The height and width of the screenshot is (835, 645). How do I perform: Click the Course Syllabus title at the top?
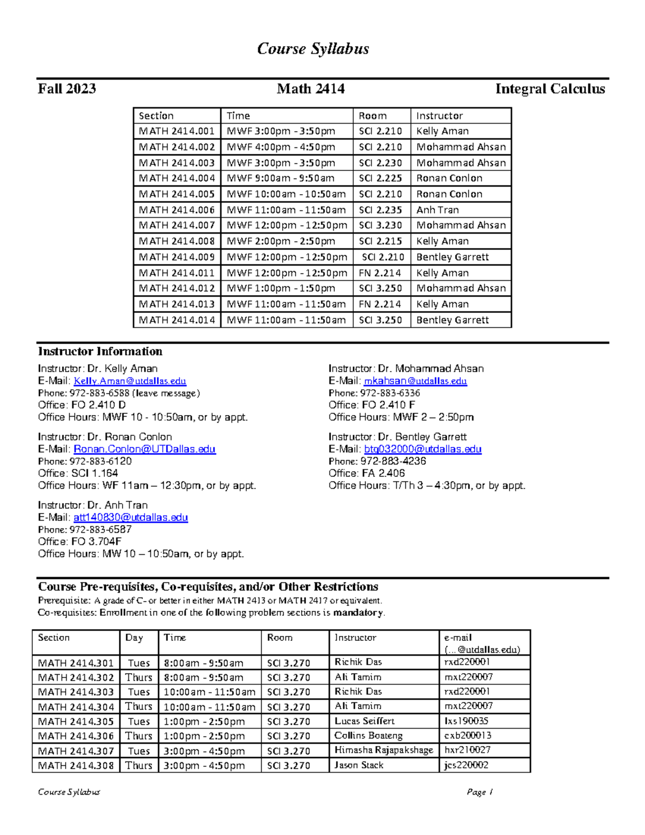(x=313, y=49)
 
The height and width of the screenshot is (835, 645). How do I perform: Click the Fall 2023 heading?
(x=67, y=89)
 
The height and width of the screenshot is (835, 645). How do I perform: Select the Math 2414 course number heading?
(x=311, y=89)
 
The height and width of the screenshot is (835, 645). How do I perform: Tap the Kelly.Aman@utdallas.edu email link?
(x=130, y=381)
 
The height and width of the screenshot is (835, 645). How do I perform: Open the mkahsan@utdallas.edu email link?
(x=415, y=381)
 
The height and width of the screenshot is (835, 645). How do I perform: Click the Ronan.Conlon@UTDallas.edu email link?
(x=145, y=449)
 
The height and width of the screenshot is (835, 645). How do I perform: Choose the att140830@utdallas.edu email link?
(x=131, y=517)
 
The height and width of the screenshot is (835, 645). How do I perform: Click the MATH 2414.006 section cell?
(x=177, y=210)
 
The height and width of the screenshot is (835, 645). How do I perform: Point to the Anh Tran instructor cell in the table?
(x=438, y=210)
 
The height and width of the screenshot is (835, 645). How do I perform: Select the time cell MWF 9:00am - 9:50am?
(x=281, y=178)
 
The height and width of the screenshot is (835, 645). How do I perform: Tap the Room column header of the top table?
(x=372, y=116)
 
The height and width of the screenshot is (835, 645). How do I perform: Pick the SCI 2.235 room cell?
(x=380, y=210)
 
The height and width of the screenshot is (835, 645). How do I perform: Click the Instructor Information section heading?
(x=100, y=352)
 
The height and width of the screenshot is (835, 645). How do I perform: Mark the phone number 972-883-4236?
(x=393, y=461)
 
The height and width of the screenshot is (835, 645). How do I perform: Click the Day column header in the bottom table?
(x=134, y=638)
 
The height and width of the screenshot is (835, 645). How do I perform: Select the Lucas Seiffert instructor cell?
(x=364, y=721)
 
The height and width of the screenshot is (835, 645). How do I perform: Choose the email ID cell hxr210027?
(x=467, y=750)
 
